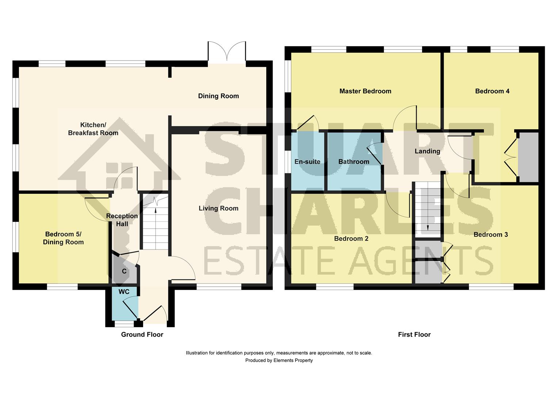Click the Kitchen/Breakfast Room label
coord(93,129)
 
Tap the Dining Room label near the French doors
coord(218,96)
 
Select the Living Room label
coord(218,208)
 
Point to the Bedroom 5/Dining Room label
coord(64,238)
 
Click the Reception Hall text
coord(122,220)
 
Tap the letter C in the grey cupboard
coord(124,271)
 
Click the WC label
coord(124,292)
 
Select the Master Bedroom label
coord(365,91)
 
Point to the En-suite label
coord(307,162)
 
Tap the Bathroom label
coord(353,162)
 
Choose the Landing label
coord(427,151)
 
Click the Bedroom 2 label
coord(351,239)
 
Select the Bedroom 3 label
coord(490,235)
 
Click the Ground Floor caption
coord(142,335)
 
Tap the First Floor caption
coord(414,335)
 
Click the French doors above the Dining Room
coord(227,51)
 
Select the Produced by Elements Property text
coord(279,360)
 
